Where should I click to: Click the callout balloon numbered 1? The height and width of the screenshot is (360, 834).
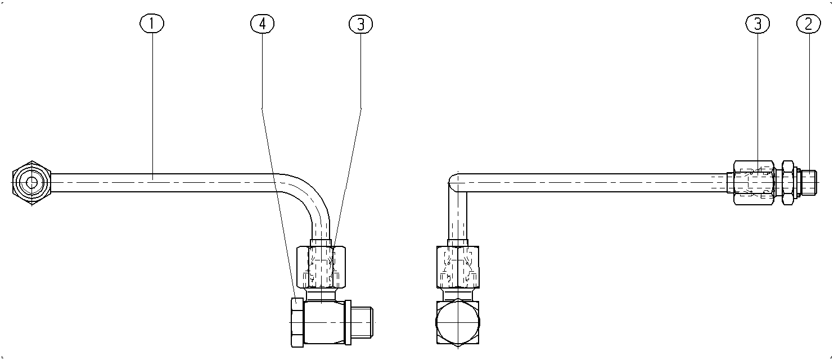[152, 24]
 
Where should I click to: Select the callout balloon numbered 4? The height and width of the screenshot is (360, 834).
[263, 24]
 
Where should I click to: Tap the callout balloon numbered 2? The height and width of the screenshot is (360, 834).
[808, 24]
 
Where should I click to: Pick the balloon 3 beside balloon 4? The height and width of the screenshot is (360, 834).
[361, 24]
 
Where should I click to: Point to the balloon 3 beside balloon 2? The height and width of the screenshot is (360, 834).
[758, 24]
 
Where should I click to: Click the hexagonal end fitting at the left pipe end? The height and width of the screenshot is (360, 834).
[31, 183]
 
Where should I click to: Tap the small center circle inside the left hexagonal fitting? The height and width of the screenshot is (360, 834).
[31, 183]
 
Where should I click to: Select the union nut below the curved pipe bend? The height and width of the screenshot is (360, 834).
[321, 267]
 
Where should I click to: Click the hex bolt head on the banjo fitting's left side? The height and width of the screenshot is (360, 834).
[297, 322]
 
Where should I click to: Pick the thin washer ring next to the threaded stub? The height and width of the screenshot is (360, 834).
[348, 322]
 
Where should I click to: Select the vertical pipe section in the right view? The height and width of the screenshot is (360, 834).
[458, 218]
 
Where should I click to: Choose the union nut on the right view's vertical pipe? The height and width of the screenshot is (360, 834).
[458, 267]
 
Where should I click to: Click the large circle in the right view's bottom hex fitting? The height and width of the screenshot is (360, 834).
[458, 322]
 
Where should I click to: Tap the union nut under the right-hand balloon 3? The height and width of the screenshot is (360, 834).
[754, 183]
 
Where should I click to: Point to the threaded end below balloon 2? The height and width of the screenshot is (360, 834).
[809, 183]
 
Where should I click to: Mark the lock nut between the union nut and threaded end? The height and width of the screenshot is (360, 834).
[788, 183]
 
